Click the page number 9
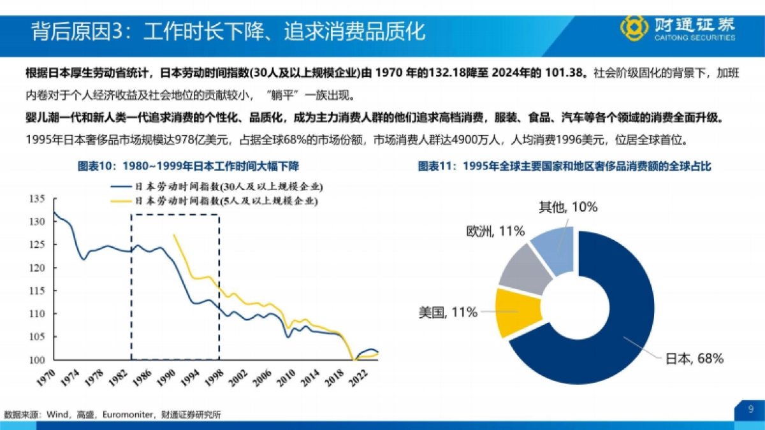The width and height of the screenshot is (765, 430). coord(750,408)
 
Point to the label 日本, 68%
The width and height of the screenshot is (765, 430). coord(694,359)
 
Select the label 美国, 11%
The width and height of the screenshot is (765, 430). coord(448,312)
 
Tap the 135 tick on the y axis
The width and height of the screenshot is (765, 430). coord(38,199)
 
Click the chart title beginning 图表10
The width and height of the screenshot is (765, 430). coord(188,166)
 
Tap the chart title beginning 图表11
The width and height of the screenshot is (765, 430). coord(564,166)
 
